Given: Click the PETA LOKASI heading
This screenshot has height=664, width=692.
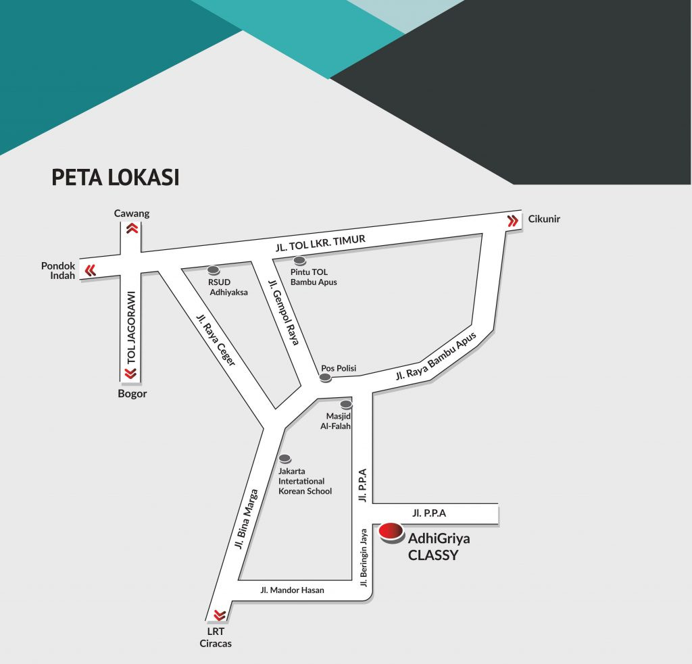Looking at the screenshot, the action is (x=116, y=177).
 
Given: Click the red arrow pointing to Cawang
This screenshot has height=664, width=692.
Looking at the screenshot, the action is (x=132, y=229).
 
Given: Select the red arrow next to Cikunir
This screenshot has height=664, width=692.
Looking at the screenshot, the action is (x=512, y=221).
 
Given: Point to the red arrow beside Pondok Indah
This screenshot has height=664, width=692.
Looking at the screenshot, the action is (x=90, y=271).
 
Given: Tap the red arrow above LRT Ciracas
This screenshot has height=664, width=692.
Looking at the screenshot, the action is (x=219, y=615).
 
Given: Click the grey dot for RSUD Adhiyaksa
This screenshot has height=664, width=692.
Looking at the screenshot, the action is (x=213, y=270).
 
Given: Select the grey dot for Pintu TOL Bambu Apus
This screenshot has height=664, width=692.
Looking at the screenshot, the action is (x=299, y=261).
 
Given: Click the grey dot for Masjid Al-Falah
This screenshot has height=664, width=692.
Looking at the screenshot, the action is (x=346, y=405).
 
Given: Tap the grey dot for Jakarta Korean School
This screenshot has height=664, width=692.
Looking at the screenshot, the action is (x=285, y=459).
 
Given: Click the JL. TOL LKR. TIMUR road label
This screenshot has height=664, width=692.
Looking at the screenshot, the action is (x=320, y=244).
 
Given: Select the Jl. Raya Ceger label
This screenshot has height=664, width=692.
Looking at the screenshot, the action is (x=216, y=340).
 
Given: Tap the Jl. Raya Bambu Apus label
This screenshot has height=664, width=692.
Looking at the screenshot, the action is (x=437, y=355).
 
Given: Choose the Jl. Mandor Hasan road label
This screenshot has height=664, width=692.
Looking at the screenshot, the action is (x=292, y=590).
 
